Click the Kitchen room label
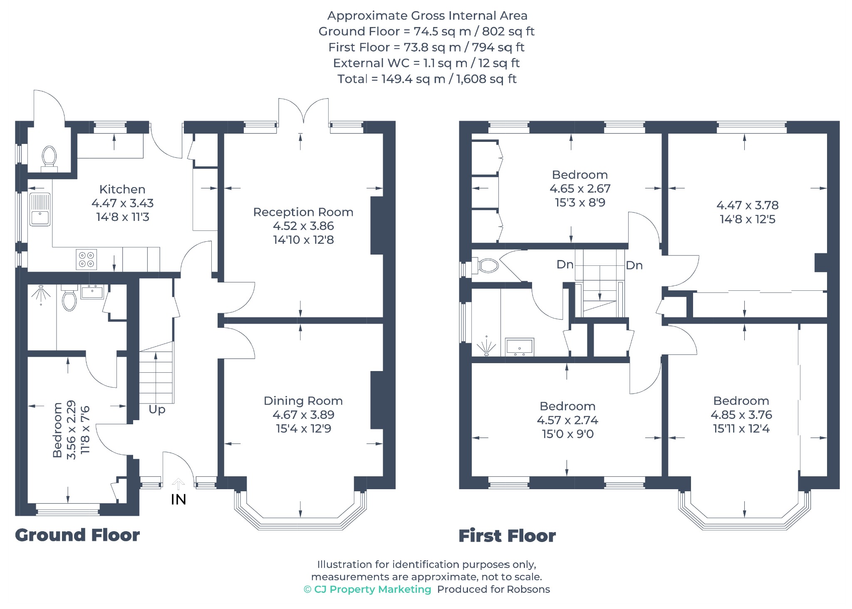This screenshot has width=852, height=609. [122, 189]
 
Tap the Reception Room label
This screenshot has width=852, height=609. [303, 212]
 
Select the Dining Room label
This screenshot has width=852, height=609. [303, 401]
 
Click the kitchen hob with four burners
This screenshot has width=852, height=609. [87, 259]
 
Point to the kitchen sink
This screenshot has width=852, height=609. [40, 209]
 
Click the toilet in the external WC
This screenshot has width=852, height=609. [49, 158]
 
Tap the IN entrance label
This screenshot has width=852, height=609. [178, 500]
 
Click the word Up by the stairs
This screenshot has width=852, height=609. [157, 410]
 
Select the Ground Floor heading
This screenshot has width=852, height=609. [77, 535]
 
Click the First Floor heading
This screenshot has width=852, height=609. [507, 536]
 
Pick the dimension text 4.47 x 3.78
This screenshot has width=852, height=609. [748, 205]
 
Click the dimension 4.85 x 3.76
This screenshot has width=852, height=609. [741, 415]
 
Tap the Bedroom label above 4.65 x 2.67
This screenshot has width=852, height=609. [580, 175]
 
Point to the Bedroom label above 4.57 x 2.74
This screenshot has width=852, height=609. [567, 406]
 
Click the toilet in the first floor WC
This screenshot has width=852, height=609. [485, 265]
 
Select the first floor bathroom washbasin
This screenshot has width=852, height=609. [520, 347]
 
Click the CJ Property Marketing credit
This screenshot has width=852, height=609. [367, 589]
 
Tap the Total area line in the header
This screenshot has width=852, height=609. [427, 79]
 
